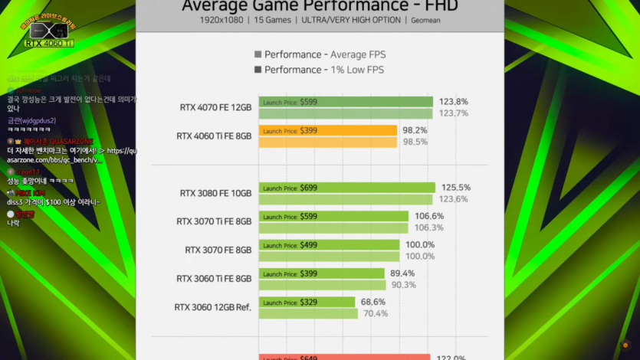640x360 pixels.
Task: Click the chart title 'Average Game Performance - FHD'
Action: point(320,6)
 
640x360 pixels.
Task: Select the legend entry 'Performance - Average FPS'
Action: point(324,54)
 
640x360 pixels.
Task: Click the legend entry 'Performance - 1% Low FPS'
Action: point(324,70)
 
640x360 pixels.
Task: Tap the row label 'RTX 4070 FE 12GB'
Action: point(215,107)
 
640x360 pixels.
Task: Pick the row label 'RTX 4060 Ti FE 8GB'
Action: point(214,136)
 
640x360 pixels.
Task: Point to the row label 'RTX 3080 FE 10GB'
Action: point(215,193)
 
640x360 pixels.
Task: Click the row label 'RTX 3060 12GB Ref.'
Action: point(212,307)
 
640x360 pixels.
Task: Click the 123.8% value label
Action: point(453,101)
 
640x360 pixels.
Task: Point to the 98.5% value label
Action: point(415,142)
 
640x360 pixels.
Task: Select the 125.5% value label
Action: point(455,188)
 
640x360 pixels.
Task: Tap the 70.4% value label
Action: point(376,313)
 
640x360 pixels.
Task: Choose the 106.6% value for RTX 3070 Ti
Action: point(429,216)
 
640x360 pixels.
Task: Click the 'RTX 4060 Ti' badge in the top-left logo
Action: point(49,43)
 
